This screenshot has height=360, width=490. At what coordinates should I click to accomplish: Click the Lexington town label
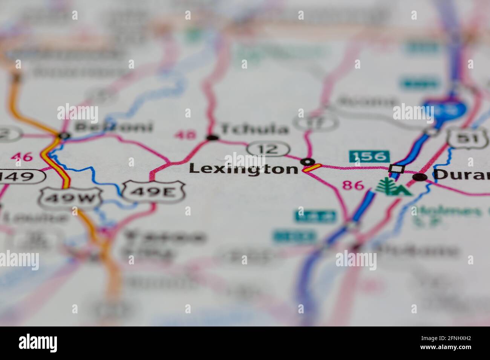[x=243, y=169]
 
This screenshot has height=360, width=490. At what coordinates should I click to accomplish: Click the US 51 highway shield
[x=467, y=139]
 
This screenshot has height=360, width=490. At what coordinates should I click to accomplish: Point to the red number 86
[x=353, y=185]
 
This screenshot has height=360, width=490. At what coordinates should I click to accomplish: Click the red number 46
[x=21, y=157]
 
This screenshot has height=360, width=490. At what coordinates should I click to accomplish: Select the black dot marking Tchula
[x=213, y=138]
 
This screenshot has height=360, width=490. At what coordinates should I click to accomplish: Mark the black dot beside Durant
[x=420, y=177]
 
